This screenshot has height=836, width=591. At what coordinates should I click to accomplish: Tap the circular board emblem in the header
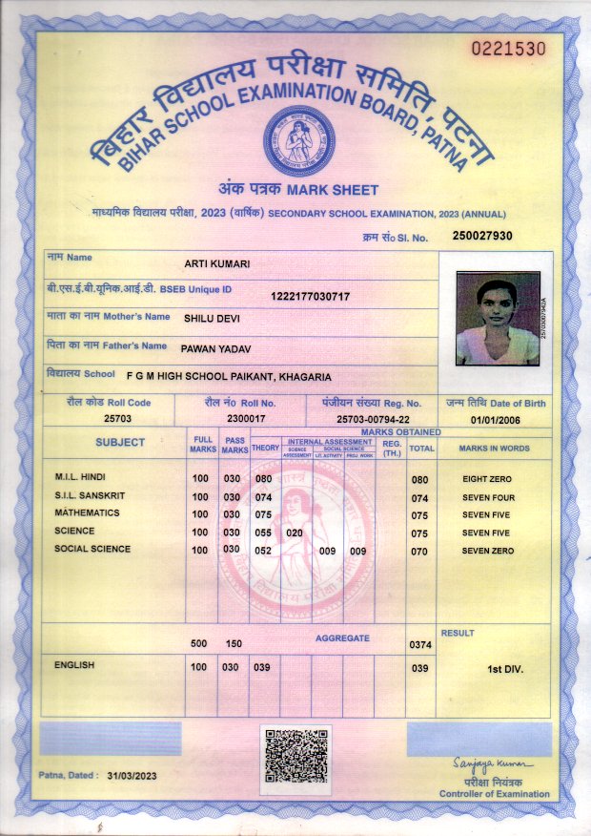tap(299, 139)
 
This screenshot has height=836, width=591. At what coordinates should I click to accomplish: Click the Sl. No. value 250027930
tap(483, 236)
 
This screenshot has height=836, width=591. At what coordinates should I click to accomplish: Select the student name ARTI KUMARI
tap(216, 263)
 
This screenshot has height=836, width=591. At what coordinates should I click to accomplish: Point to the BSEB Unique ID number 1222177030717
tap(311, 297)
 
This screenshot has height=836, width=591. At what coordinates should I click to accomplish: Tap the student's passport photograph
tap(498, 319)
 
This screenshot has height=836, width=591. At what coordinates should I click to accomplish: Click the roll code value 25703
tap(117, 418)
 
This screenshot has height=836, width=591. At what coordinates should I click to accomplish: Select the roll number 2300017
tap(246, 418)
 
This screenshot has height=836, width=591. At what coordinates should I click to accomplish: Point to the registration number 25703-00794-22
tap(374, 419)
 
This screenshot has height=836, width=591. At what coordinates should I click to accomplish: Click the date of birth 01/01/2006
tap(496, 419)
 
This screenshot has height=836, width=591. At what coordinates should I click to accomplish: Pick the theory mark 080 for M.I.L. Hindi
tap(263, 479)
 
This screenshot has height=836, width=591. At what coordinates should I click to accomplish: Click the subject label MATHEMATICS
tap(87, 513)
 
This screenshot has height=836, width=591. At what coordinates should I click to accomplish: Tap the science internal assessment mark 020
tap(295, 533)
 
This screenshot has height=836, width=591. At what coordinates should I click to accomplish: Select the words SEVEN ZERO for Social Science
tap(488, 551)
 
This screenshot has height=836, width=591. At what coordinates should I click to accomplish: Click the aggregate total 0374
tap(421, 645)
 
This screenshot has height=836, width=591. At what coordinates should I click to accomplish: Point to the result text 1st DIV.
tap(505, 670)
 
